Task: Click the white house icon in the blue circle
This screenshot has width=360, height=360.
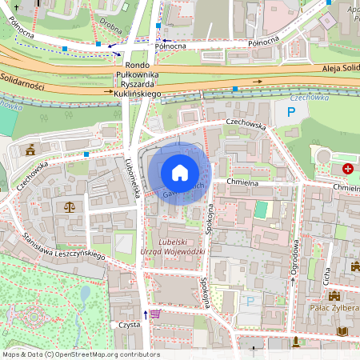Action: [180, 172]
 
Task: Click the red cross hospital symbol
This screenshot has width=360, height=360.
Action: [348, 169]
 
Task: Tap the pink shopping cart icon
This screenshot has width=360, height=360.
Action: [155, 314]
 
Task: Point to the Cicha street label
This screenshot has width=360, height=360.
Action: [326, 276]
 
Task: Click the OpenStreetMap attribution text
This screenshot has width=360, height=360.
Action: [80, 354]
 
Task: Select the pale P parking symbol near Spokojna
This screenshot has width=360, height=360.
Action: [250, 302]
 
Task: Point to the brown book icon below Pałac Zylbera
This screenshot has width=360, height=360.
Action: [343, 331]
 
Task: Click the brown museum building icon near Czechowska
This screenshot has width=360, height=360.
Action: [30, 150]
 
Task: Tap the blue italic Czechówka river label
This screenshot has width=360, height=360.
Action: [309, 98]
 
